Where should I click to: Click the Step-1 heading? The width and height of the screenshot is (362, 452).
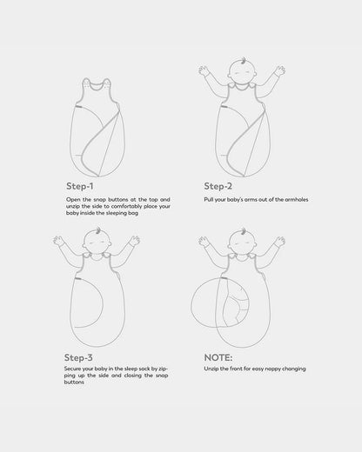click(x=80, y=186)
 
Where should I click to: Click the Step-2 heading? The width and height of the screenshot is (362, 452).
click(x=218, y=186)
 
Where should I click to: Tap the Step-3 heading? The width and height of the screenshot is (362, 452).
click(x=78, y=357)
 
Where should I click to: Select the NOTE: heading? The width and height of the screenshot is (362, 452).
click(x=218, y=357)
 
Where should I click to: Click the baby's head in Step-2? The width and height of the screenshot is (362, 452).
click(x=242, y=72)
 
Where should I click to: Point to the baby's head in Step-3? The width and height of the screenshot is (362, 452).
click(x=97, y=243)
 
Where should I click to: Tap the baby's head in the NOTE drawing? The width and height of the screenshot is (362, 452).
click(x=243, y=243)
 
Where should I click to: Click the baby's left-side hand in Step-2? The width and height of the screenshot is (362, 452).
click(x=204, y=70)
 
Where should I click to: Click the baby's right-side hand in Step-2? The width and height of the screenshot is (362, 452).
click(x=280, y=71)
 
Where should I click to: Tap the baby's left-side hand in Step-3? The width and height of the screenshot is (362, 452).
click(x=58, y=241)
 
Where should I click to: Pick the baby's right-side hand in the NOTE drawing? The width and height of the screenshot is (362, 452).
click(x=280, y=241)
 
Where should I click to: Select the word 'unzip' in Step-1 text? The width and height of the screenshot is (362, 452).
click(x=73, y=207)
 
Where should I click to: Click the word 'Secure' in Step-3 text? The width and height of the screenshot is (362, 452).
click(x=73, y=369)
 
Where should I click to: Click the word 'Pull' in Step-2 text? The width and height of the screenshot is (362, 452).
click(x=209, y=199)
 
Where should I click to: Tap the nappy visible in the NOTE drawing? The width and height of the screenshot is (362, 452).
click(x=237, y=309)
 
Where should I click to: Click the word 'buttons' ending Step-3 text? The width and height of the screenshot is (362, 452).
click(x=74, y=382)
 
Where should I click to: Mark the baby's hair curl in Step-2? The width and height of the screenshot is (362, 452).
click(x=244, y=62)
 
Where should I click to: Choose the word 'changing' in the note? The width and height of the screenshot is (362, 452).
click(x=294, y=369)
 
